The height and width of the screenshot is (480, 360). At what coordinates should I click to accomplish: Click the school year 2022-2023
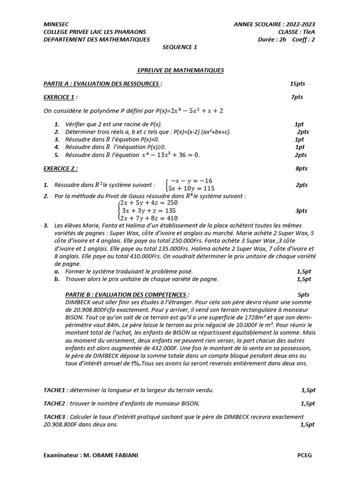pos(300,23)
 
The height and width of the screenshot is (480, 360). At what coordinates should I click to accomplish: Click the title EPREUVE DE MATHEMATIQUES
pos(180,70)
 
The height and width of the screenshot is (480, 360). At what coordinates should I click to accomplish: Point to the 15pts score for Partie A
pos(297,83)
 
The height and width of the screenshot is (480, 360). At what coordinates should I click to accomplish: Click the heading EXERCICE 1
pos(59,97)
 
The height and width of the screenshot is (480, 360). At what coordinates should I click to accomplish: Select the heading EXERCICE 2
pos(60,168)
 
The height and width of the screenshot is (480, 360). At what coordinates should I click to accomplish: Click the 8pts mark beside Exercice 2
pos(301,168)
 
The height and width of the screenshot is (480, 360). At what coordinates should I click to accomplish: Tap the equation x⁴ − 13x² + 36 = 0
pos(171,155)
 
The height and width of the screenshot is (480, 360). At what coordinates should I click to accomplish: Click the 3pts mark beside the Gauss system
pos(301,211)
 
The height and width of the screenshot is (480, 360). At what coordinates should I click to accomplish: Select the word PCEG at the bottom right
pos(304,455)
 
